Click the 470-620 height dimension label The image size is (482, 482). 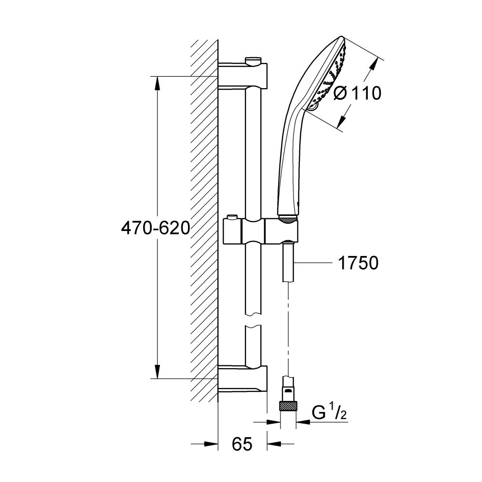pos(155,228)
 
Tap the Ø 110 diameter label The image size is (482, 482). pos(357,93)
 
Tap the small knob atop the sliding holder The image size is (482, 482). pos(234,218)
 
